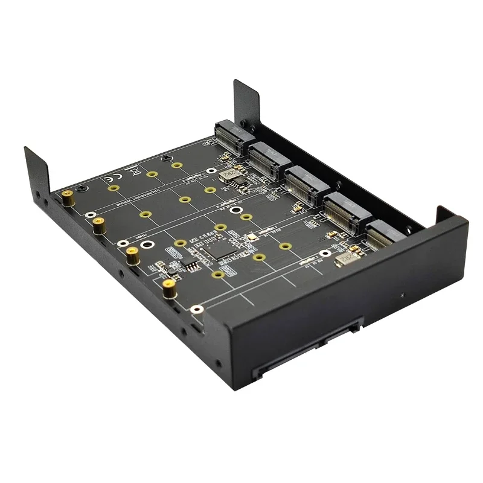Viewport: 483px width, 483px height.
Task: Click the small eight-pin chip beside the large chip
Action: pos(189,264)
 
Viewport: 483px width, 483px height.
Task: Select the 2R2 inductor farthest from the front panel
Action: pos(228,175)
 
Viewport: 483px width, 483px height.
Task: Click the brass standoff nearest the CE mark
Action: pos(69,196)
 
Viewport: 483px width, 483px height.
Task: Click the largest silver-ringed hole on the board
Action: pos(150,246)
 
